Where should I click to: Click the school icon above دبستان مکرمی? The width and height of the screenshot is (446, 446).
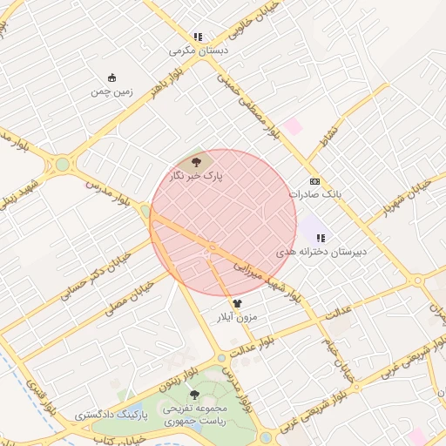[x=198, y=37]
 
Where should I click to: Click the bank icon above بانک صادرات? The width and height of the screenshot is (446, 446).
[x=314, y=181]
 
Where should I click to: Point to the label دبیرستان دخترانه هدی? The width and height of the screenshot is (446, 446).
[x=321, y=251]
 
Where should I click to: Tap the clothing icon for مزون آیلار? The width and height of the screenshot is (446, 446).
[x=237, y=304]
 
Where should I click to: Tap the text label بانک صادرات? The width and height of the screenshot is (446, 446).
[x=315, y=194]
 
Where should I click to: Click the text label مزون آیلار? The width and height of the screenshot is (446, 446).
[x=237, y=318]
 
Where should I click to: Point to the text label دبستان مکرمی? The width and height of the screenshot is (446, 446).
[x=198, y=51]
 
